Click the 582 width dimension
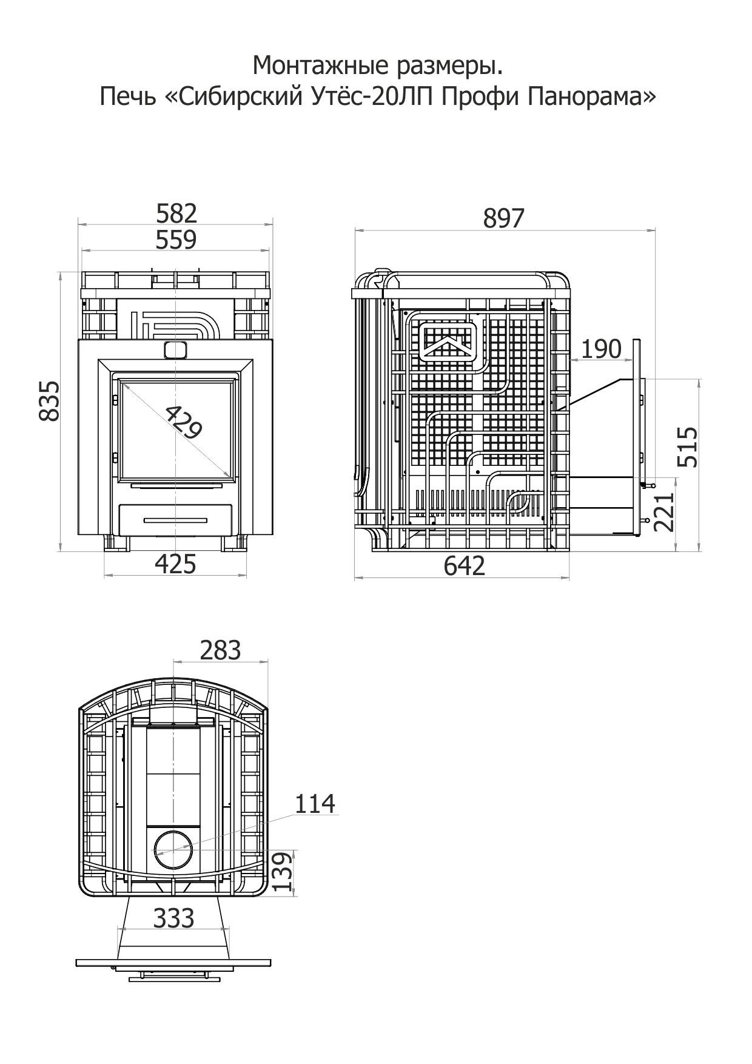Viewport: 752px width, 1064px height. tap(176, 214)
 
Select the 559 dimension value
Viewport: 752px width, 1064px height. tap(176, 240)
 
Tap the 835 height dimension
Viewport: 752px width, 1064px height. tap(49, 400)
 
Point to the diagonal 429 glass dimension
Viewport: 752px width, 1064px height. tap(183, 421)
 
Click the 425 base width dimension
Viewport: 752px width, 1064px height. tap(176, 565)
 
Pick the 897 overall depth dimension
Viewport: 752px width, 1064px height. tap(503, 218)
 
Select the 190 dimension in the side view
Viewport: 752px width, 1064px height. tap(601, 349)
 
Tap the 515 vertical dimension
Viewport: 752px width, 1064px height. tap(688, 446)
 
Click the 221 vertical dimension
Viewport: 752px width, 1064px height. tap(665, 511)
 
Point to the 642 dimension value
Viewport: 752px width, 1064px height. tap(465, 566)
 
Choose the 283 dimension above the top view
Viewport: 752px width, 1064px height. tap(220, 650)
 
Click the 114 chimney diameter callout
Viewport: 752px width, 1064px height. tap(315, 804)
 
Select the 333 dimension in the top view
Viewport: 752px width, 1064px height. tap(173, 918)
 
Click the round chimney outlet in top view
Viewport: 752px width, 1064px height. tap(173, 850)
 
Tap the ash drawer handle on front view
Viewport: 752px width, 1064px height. tap(175, 520)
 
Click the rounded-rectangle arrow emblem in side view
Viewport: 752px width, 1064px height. tap(449, 342)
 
